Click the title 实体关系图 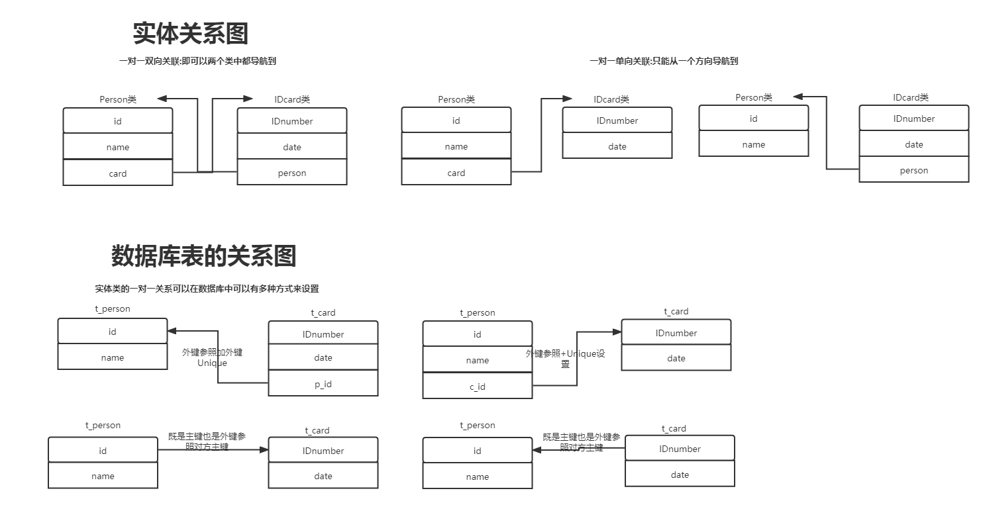(190, 34)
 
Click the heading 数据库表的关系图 (203, 255)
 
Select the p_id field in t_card (323, 384)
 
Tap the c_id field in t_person (477, 387)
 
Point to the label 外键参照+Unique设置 (565, 359)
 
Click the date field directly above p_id (323, 357)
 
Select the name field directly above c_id (477, 360)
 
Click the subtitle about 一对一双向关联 (197, 61)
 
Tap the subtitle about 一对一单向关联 (664, 61)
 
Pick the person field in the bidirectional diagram (291, 173)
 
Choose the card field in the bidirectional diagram (118, 173)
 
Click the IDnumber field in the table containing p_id (323, 334)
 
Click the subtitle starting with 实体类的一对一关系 (207, 289)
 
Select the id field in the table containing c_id (477, 334)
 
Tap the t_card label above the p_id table (323, 312)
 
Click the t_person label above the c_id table (477, 312)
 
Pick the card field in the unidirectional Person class (456, 173)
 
